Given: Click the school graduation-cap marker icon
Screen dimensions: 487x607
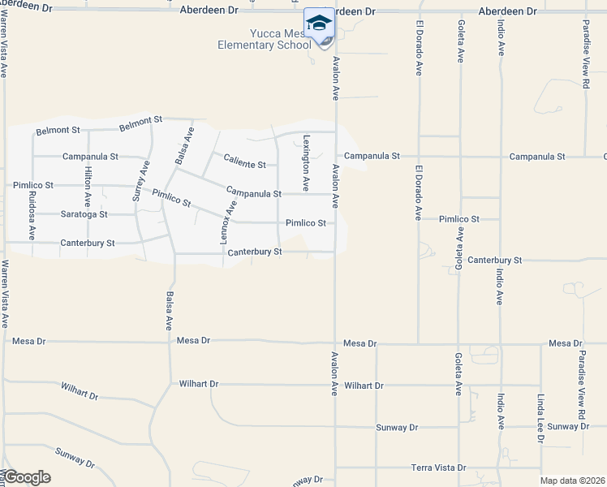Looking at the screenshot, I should [319, 24].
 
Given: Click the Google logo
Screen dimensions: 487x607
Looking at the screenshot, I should [26, 477].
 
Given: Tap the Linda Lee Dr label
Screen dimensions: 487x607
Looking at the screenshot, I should [540, 419].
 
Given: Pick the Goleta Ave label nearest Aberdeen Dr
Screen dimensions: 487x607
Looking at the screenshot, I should [461, 42].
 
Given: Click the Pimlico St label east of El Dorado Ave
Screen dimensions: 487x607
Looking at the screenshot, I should [458, 219].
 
